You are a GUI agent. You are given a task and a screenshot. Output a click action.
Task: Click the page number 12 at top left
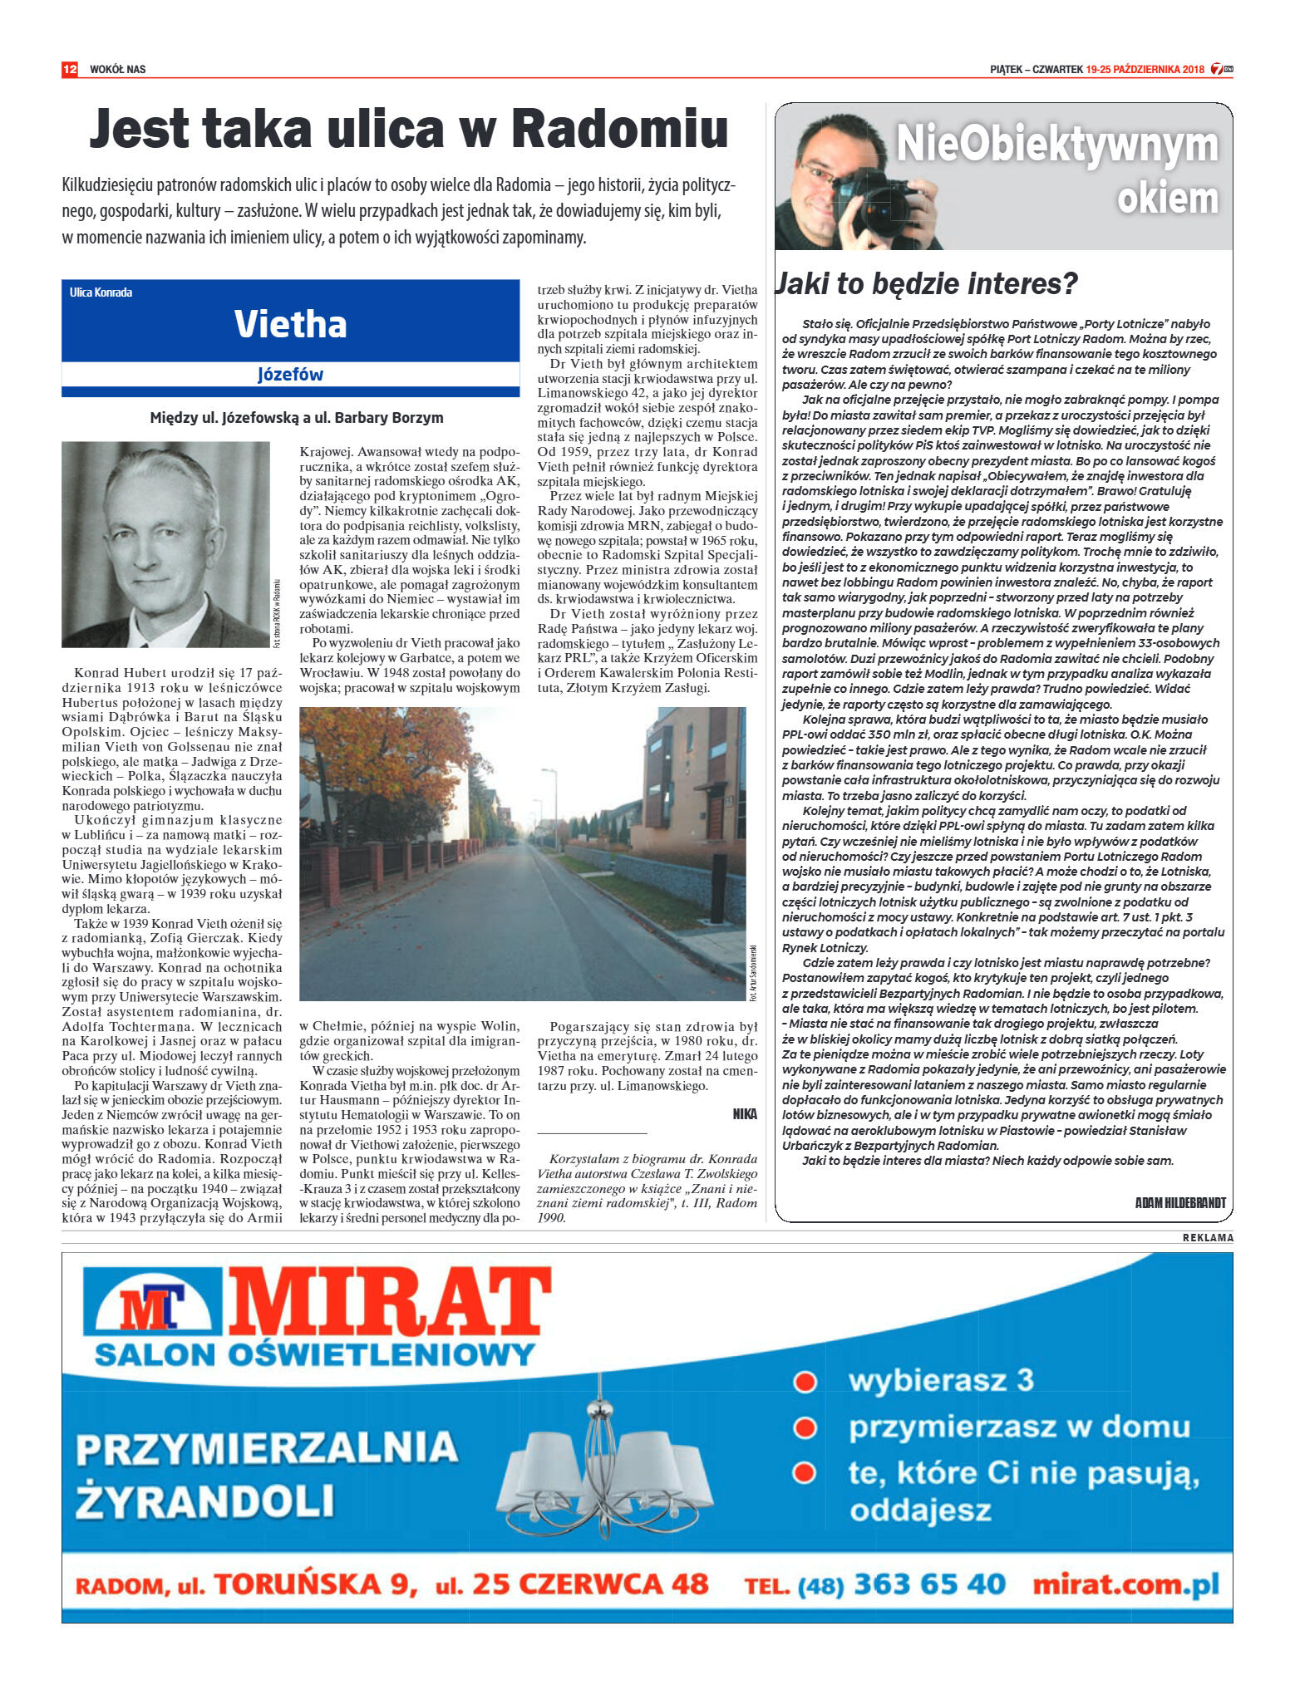[70, 69]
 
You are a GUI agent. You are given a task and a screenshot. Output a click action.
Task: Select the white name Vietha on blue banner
[290, 324]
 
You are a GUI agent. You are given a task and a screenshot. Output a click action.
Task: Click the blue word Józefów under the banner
[290, 375]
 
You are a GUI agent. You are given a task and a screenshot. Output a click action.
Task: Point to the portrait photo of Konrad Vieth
[165, 544]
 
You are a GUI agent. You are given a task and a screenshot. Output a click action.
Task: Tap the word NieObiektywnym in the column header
[1056, 145]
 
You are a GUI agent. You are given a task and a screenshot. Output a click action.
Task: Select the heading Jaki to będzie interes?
[927, 284]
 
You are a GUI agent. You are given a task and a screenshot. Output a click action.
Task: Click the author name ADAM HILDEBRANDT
[1179, 1202]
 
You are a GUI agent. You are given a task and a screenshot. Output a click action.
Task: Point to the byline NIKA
[745, 1113]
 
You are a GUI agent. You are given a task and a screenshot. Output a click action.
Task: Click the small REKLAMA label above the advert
[1208, 1238]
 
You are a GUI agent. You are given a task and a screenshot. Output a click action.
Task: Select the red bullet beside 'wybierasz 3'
[804, 1382]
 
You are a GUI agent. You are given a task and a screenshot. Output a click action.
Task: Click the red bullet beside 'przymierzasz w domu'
[804, 1428]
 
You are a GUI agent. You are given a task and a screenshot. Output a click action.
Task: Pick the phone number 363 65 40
[929, 1584]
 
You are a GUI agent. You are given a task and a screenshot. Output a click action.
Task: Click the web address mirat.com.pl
[1125, 1584]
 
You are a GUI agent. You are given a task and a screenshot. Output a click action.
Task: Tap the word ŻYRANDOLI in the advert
[205, 1501]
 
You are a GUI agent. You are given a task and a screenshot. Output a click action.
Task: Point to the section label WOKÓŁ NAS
[117, 69]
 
